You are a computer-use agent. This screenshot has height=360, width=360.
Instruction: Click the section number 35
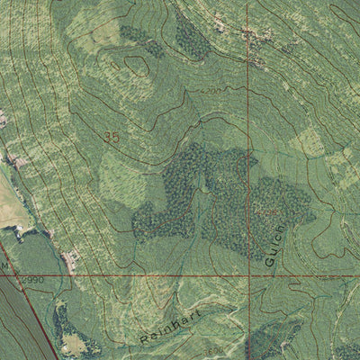tap(112, 138)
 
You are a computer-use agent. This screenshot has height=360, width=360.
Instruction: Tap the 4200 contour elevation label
tap(211, 92)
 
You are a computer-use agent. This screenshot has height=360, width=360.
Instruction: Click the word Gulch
tap(276, 245)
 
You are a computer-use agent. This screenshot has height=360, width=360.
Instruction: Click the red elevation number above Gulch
tap(267, 212)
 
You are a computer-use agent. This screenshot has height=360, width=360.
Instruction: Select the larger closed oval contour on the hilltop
tap(137, 65)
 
